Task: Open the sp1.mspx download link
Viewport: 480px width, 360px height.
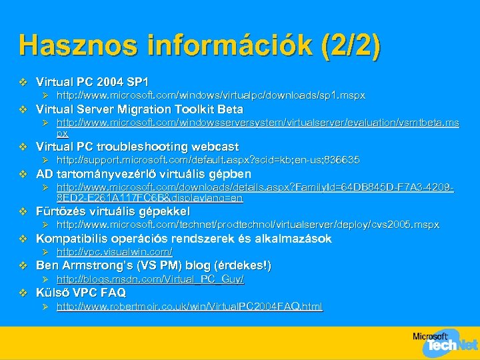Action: click(x=211, y=95)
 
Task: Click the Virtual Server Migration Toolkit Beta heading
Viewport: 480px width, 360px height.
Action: click(x=139, y=109)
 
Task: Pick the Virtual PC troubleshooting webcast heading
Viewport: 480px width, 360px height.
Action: click(x=137, y=147)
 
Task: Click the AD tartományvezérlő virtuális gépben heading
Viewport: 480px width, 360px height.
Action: click(x=134, y=174)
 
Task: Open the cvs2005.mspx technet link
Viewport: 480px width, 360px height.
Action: click(x=247, y=225)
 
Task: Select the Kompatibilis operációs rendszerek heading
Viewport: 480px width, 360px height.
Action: click(x=183, y=239)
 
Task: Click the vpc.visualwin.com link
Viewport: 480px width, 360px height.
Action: click(x=114, y=252)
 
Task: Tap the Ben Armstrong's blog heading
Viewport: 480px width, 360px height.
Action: click(x=153, y=266)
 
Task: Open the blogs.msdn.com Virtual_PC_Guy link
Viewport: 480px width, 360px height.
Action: click(x=150, y=279)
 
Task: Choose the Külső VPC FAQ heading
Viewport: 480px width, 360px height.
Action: click(x=81, y=293)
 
